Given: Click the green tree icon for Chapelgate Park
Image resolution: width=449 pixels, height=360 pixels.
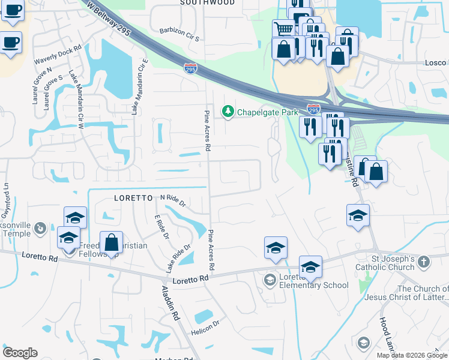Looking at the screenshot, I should pos(228,112).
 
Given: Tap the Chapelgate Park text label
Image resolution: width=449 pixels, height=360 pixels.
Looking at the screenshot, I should pos(267,112).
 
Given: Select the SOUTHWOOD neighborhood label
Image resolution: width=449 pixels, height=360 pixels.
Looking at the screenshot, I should pos(208,3).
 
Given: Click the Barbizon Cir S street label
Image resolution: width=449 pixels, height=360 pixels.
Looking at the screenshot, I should pos(179,34).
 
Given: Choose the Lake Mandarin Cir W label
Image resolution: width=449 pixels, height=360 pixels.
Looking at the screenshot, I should pos(76,97).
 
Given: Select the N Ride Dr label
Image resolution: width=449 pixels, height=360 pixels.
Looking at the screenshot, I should pos(173,199).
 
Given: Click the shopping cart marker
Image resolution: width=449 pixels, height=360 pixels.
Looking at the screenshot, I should pos(283,28).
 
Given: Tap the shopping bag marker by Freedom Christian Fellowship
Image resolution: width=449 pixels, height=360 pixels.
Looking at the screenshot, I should pos(111,243).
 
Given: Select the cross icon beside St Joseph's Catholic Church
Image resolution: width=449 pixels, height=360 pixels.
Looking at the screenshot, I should pos(424,262).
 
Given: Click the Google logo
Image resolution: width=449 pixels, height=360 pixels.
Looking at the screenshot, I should pos(20,353).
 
